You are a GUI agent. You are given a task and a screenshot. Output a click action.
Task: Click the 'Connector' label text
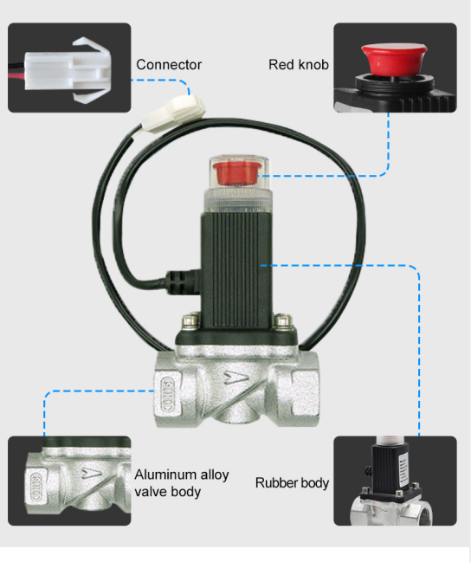click(169, 65)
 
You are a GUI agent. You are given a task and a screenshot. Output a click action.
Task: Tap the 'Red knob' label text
click(299, 64)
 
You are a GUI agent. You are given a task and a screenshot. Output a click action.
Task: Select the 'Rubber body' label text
click(292, 482)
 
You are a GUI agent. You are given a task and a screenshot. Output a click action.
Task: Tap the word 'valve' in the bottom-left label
click(149, 492)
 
